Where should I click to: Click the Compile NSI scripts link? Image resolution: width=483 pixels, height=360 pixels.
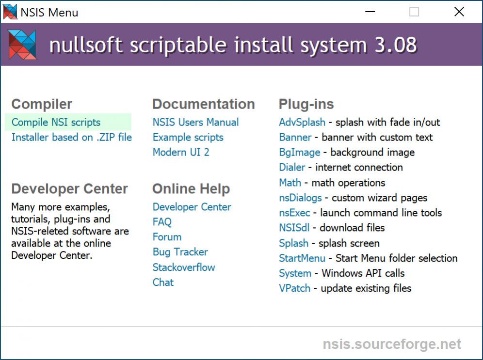click(56, 122)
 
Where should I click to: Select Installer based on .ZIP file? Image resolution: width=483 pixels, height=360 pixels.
click(71, 137)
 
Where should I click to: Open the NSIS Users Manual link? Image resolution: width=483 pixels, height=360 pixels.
click(195, 122)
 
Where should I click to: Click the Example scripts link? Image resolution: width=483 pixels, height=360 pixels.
click(188, 137)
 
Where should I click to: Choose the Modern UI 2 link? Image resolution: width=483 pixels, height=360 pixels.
click(181, 152)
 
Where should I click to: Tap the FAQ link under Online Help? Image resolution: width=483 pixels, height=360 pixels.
click(162, 222)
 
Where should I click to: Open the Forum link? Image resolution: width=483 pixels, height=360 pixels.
click(167, 237)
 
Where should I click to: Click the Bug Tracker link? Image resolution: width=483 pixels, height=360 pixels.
click(180, 252)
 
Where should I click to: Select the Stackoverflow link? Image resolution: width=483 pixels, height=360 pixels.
click(183, 267)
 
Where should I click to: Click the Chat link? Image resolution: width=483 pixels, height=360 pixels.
click(163, 282)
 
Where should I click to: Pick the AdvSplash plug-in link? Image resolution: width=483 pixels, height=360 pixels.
click(302, 122)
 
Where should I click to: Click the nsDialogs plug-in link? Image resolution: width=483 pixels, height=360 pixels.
click(300, 198)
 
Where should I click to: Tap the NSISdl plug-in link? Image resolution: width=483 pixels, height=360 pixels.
click(294, 228)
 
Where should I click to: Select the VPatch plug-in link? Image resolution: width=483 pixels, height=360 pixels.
click(294, 288)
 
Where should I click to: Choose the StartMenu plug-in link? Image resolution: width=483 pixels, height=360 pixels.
click(302, 258)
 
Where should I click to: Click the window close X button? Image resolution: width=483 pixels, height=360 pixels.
click(459, 12)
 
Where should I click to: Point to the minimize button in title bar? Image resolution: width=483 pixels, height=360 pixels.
click(370, 12)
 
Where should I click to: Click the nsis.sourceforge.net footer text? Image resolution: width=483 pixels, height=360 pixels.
click(392, 344)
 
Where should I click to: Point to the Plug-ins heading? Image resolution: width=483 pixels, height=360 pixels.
click(306, 104)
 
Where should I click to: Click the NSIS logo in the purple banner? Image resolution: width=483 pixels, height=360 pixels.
click(23, 45)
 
